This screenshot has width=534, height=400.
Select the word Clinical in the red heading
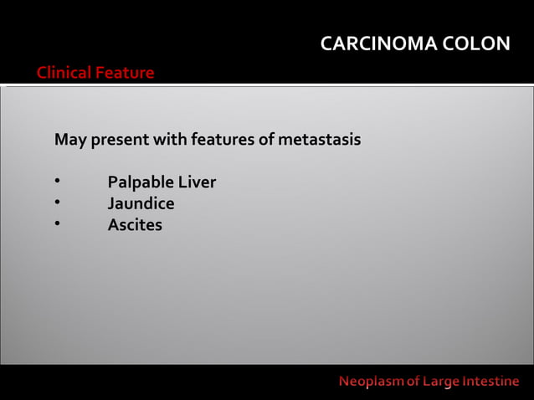[x=64, y=73]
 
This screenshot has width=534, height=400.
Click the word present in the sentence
[x=119, y=139]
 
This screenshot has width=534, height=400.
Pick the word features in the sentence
[x=221, y=139]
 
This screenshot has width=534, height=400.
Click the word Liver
[x=198, y=182]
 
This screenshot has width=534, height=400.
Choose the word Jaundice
[x=141, y=203]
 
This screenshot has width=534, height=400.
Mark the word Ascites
[x=135, y=225]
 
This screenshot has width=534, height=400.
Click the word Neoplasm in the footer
[x=372, y=382]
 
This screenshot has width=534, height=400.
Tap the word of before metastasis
[x=265, y=139]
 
